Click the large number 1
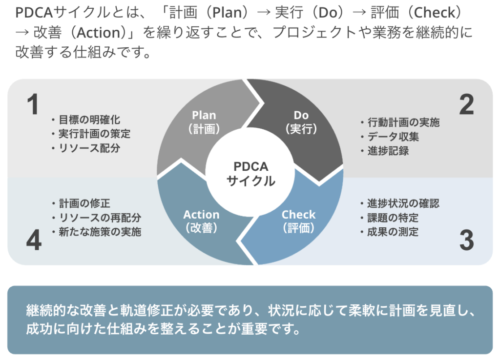coord(33,104)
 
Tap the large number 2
coord(466,104)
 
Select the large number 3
coord(466,240)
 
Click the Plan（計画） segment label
coord(204,122)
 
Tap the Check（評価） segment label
coord(298,221)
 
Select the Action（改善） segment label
coord(201,221)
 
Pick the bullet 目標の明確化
coord(89,120)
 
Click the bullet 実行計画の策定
coord(94,134)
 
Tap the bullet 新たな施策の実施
coord(100,232)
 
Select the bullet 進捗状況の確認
coord(403,203)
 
